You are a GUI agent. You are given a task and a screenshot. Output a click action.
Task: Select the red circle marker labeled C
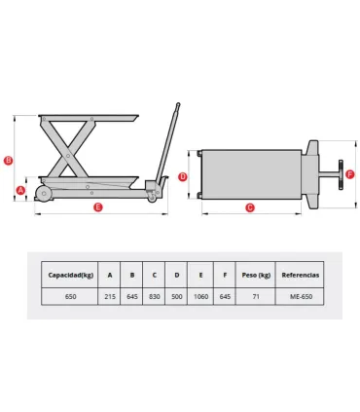click(x=250, y=206)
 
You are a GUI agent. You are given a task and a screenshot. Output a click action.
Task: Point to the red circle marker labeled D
click(x=183, y=176)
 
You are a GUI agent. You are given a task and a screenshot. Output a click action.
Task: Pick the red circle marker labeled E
click(x=97, y=207)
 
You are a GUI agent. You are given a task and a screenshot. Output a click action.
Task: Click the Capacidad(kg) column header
click(x=71, y=275)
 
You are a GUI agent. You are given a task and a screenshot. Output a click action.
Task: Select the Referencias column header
click(x=300, y=275)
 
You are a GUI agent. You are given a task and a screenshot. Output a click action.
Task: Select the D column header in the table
click(x=177, y=275)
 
